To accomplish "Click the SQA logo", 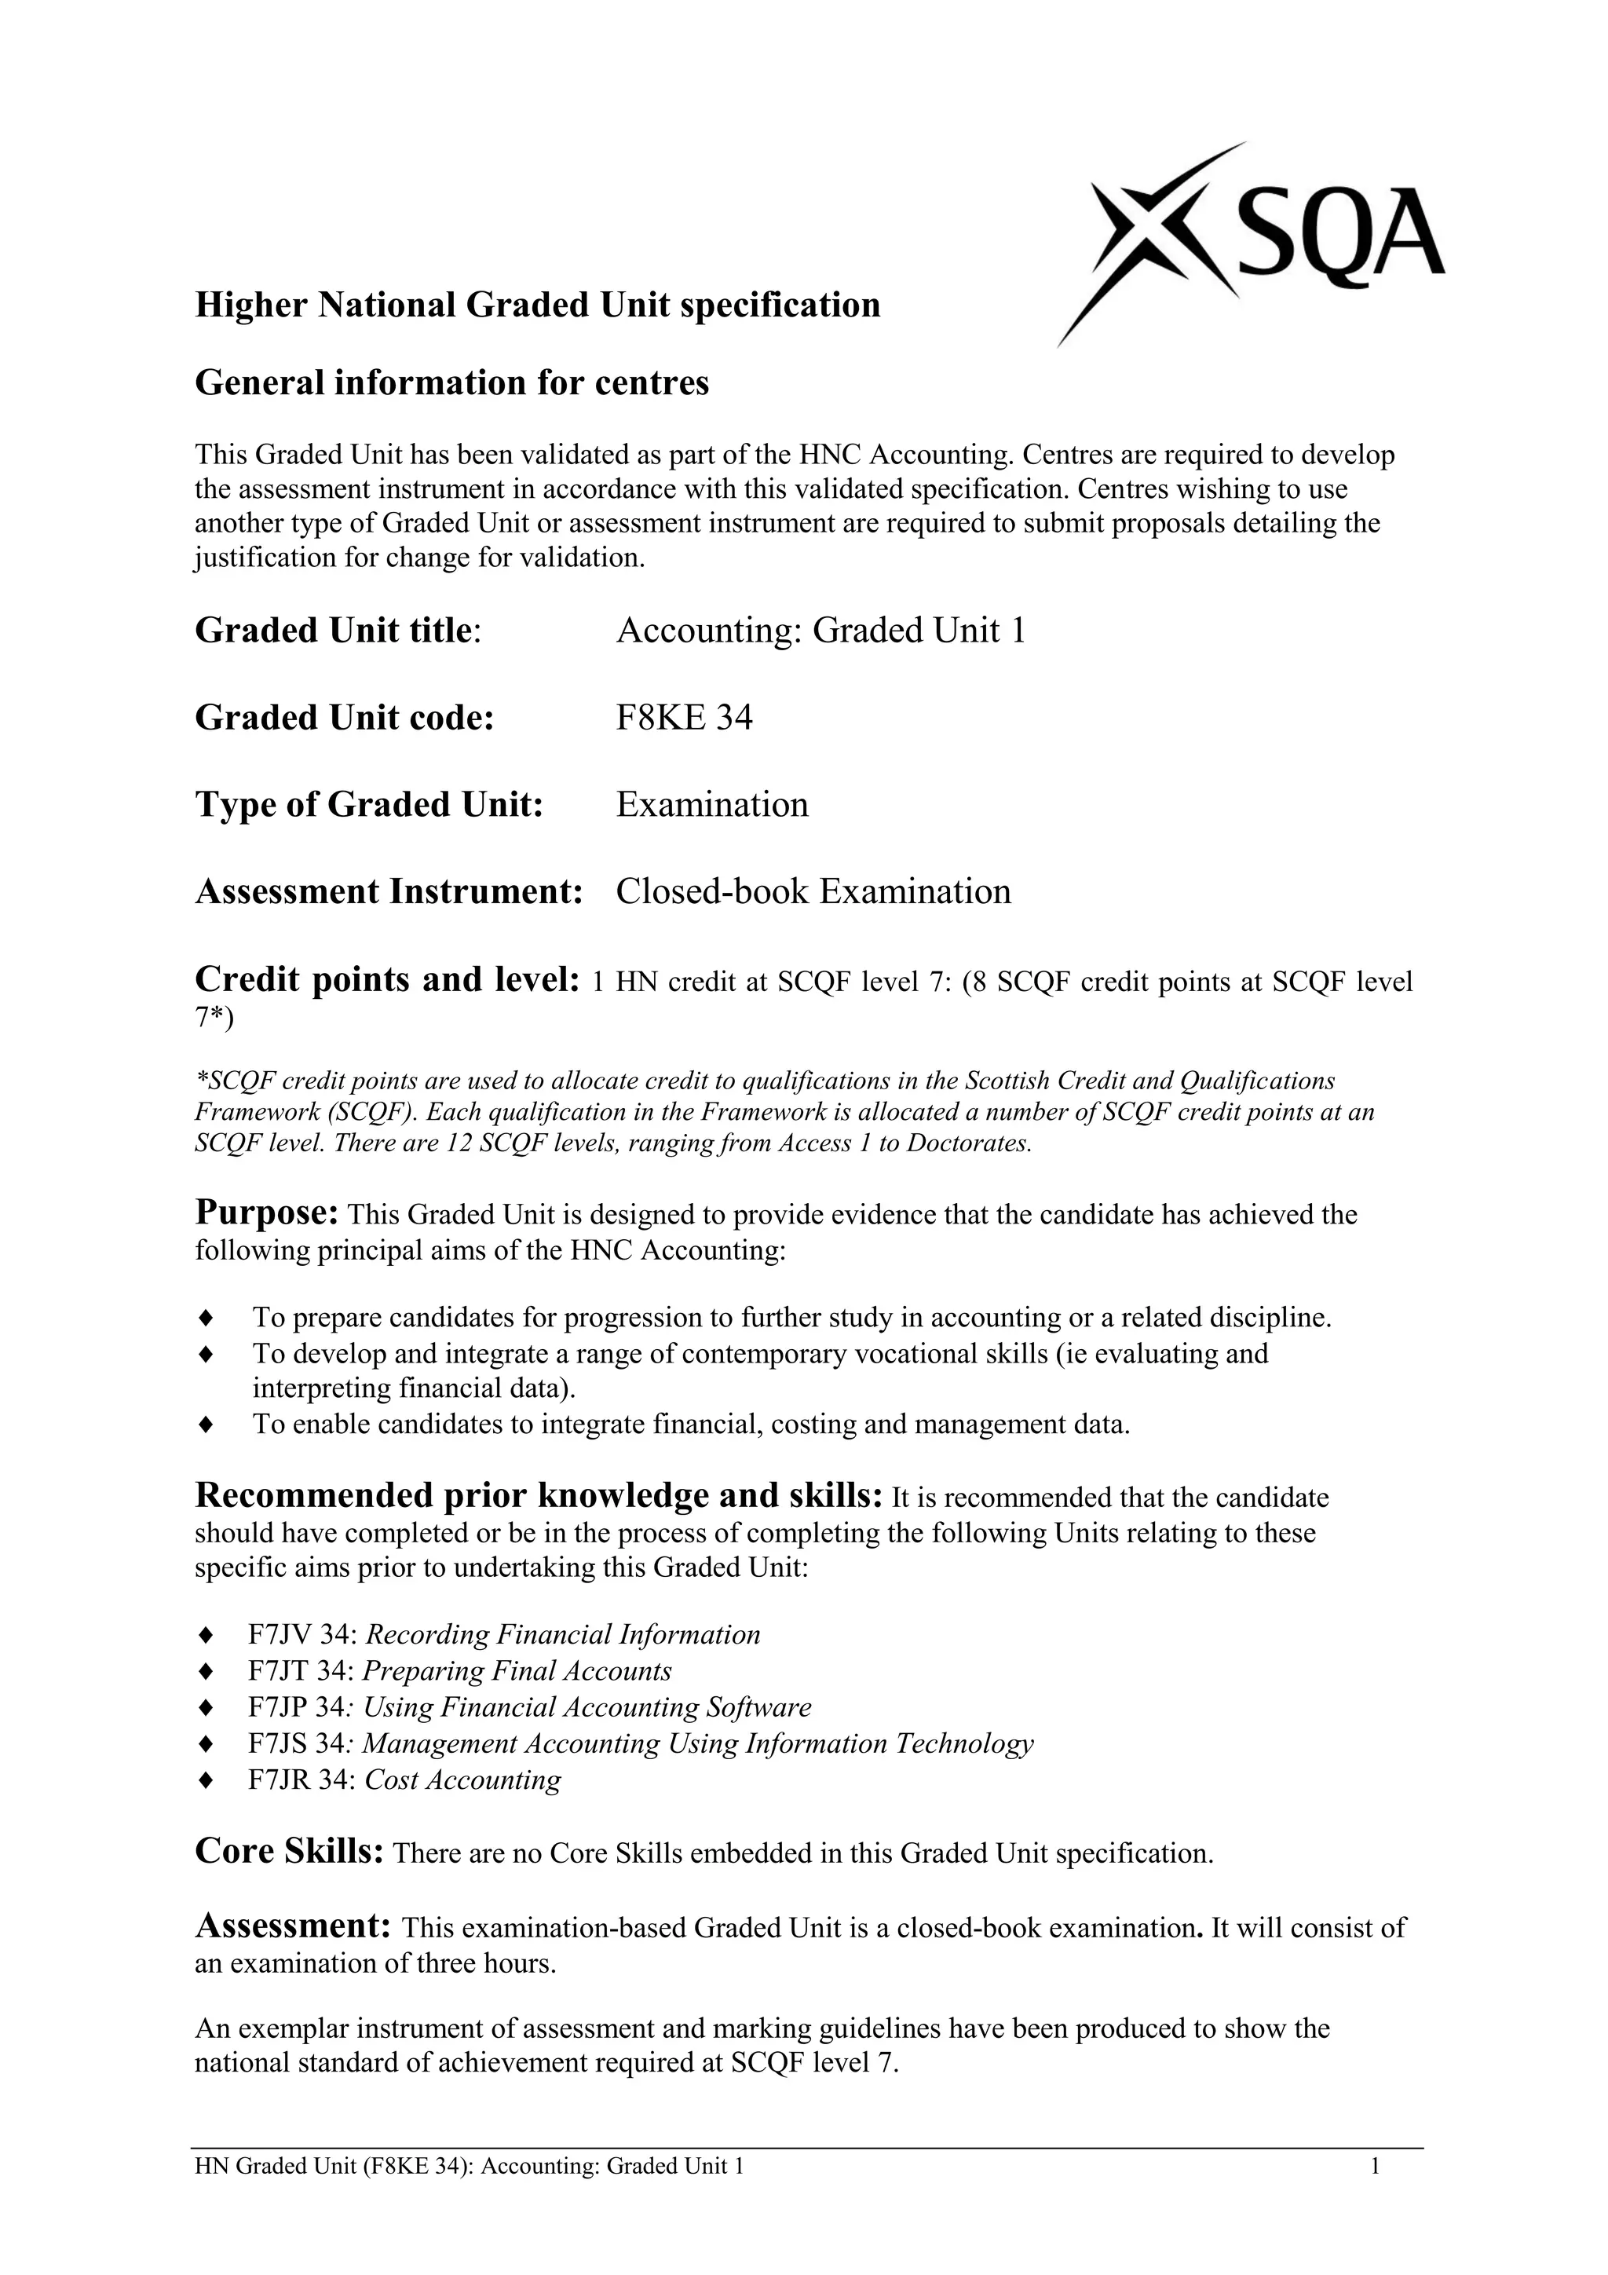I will coord(1248,243).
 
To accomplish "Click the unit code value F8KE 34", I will coord(684,718).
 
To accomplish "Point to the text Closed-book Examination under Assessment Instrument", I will coord(813,892).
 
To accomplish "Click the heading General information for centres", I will coord(451,382).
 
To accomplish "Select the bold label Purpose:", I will coord(268,1212).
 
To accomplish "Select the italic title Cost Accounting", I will coord(462,1780).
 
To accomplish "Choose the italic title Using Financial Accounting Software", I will coord(587,1708).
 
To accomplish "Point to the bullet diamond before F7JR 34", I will coord(206,1780).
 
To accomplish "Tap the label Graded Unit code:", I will coord(344,718).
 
